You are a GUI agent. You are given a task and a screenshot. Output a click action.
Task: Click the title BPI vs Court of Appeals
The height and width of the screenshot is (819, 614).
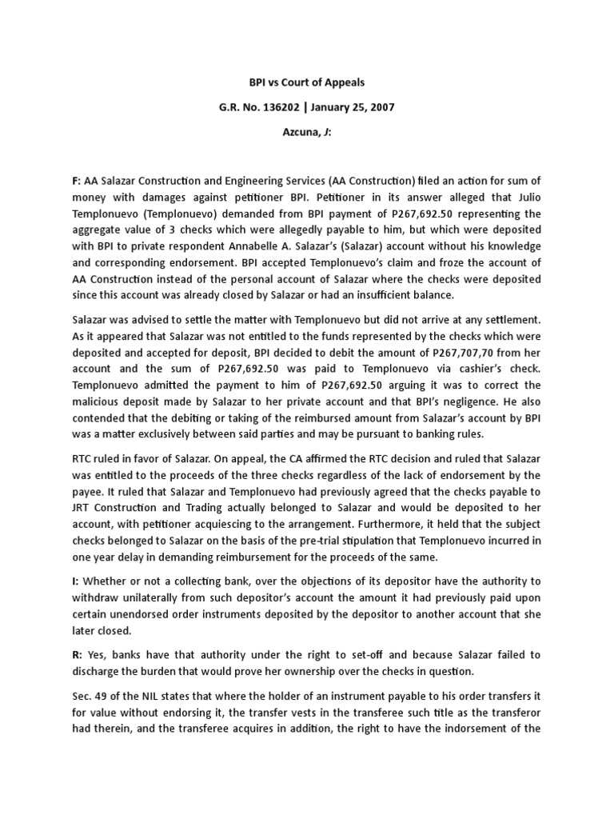(307, 82)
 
